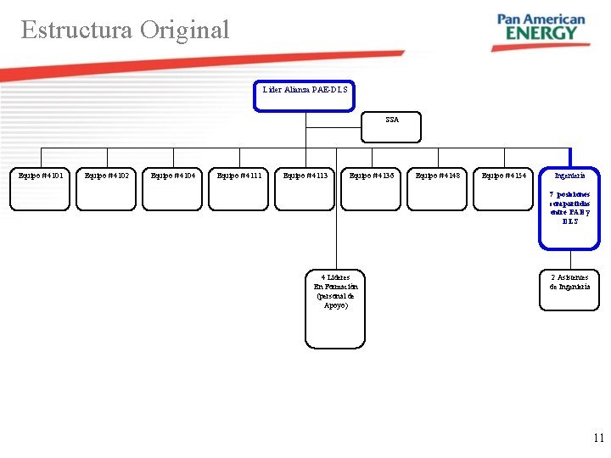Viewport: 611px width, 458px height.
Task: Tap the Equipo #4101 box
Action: pos(41,187)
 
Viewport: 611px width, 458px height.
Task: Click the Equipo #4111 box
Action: pos(239,187)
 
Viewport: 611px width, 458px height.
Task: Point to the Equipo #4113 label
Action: pos(305,176)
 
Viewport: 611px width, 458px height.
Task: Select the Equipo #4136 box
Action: pos(372,187)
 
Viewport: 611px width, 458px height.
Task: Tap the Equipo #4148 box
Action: pos(438,187)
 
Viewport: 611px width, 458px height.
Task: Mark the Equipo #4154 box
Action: pos(504,187)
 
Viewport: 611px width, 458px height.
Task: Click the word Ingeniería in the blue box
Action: pos(569,176)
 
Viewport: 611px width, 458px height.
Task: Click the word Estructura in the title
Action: pos(76,30)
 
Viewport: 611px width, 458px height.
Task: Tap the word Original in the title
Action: pos(185,30)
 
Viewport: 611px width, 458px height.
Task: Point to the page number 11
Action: pos(598,438)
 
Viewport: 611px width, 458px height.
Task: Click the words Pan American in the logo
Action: pos(541,18)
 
